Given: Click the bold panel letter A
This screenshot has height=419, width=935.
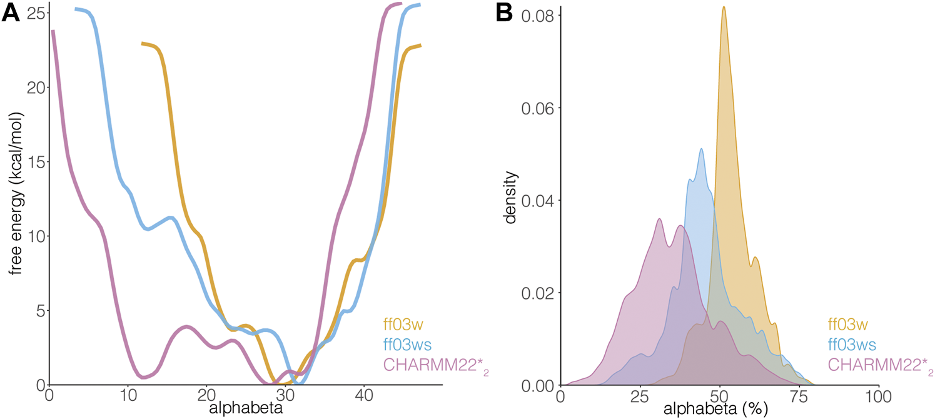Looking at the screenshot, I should pos(11,13).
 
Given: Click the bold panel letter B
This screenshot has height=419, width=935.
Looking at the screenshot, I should pos(505,13).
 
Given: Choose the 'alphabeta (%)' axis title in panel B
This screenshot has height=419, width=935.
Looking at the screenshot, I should pos(719,409).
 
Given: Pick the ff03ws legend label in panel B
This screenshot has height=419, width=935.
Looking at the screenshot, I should pos(851,344).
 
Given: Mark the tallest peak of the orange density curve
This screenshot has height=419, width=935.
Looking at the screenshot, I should pos(724,7).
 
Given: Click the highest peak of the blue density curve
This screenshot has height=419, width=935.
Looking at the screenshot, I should pos(701,149).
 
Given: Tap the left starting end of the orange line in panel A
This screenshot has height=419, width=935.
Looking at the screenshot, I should pos(143,43).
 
